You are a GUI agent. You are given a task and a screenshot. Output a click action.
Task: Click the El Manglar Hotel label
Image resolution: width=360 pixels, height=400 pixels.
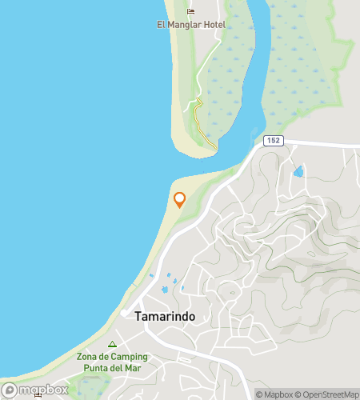pyautogui.click(x=191, y=25)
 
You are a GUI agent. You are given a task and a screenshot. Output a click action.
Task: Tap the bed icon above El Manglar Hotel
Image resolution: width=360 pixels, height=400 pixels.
pyautogui.click(x=190, y=11)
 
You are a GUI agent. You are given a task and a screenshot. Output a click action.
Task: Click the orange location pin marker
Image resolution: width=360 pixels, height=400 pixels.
pyautogui.click(x=180, y=199)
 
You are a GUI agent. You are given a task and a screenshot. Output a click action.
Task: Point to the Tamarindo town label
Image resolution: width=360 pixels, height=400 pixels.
pyautogui.click(x=166, y=316)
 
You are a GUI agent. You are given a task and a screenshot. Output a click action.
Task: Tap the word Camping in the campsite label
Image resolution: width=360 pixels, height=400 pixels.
pyautogui.click(x=129, y=357)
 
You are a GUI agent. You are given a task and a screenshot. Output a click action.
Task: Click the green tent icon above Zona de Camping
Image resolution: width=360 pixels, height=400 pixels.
pyautogui.click(x=112, y=344)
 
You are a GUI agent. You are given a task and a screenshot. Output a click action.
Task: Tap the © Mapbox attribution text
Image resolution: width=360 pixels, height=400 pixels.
pyautogui.click(x=274, y=394)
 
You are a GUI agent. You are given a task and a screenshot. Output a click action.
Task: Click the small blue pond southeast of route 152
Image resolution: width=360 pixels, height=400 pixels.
pyautogui.click(x=298, y=171)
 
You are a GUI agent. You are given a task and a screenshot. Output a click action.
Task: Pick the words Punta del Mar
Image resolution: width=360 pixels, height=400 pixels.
pyautogui.click(x=112, y=368)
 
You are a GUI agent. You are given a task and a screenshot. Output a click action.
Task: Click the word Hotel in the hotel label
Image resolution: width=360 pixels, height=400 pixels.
pyautogui.click(x=213, y=25)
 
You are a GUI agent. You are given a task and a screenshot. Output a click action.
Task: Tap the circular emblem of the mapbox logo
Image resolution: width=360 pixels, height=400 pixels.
pyautogui.click(x=10, y=390)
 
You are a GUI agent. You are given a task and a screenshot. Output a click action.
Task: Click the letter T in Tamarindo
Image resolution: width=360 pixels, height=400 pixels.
pyautogui.click(x=139, y=316)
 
